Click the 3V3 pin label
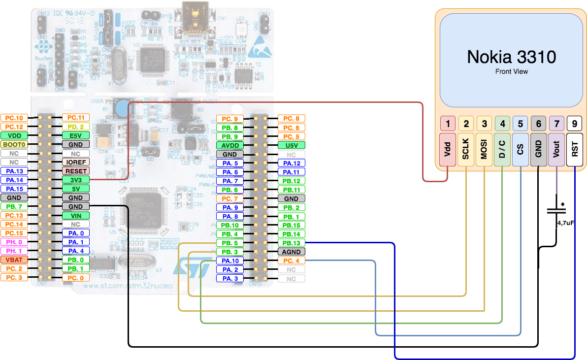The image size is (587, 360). click(x=75, y=180)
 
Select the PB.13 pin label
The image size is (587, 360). click(x=291, y=243)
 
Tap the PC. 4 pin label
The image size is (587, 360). click(x=291, y=261)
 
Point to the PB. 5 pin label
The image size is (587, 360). click(x=230, y=243)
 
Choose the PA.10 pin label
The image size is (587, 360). click(x=230, y=261)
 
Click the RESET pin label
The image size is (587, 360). click(x=75, y=171)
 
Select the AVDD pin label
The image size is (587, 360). click(x=230, y=145)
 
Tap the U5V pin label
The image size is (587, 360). click(x=291, y=145)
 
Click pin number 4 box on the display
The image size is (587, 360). click(x=502, y=124)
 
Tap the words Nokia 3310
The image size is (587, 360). click(x=511, y=57)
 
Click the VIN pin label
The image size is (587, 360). click(x=75, y=215)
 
